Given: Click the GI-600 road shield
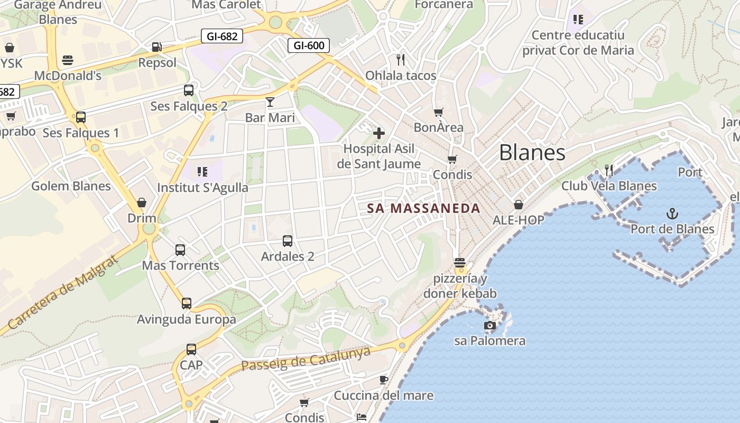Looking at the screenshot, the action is [x=309, y=45].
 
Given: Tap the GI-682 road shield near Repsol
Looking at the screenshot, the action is [x=222, y=36].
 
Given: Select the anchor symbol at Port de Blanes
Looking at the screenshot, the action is [x=672, y=214].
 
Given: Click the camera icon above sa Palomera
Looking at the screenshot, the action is [x=490, y=325].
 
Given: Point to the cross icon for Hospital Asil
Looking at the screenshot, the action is [x=379, y=133].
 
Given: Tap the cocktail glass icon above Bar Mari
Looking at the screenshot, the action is [x=270, y=102].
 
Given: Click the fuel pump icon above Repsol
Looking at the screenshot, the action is [x=156, y=47].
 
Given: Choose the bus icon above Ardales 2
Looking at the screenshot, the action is [x=288, y=241].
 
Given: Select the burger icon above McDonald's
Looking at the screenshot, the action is [x=67, y=60].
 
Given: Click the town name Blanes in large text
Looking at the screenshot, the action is [x=532, y=153].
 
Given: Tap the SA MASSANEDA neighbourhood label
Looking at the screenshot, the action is [x=424, y=208].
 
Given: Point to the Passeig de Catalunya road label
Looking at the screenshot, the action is [x=306, y=359].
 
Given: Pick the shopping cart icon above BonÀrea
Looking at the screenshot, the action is [x=438, y=112].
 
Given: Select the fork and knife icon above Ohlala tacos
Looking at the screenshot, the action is [x=401, y=59].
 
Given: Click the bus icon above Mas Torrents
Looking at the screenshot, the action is [x=180, y=250].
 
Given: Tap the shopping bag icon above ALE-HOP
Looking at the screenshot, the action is [x=519, y=205].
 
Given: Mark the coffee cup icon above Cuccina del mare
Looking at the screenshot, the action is [x=384, y=380].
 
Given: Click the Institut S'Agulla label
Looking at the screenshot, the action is [x=202, y=188].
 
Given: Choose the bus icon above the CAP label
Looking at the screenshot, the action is [x=191, y=349].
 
